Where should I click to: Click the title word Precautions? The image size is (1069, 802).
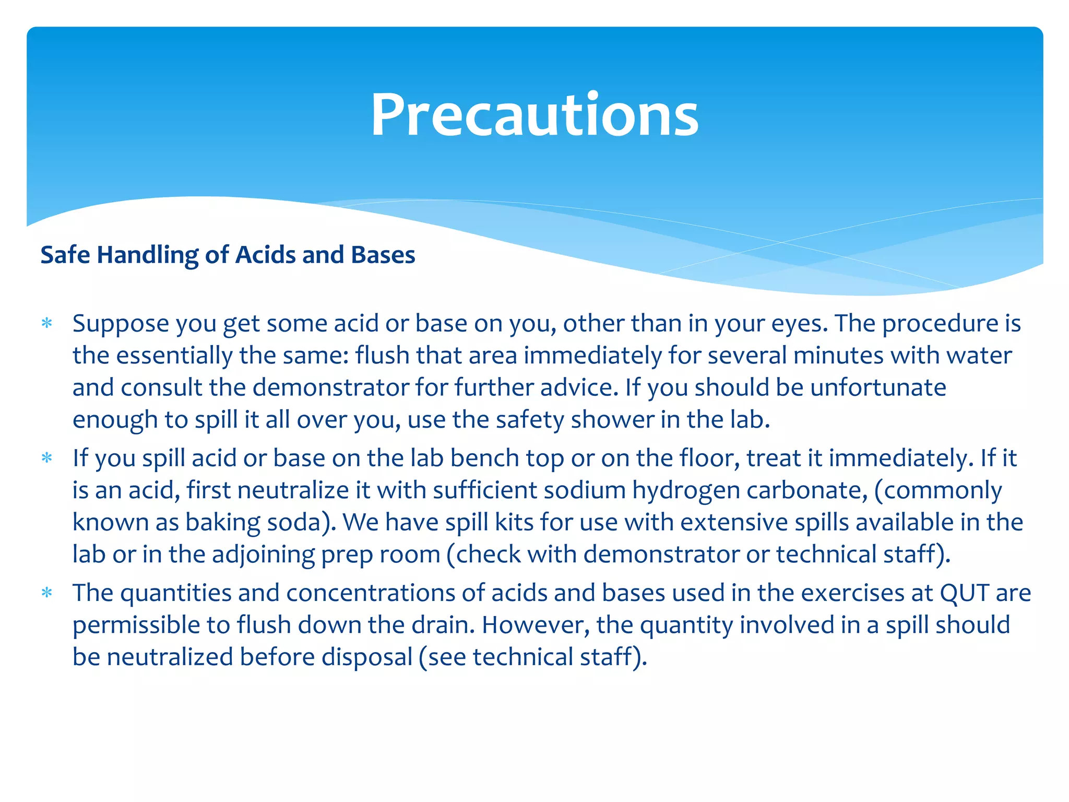point(534,115)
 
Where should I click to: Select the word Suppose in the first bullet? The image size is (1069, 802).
point(121,324)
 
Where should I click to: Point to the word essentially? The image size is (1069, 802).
point(174,356)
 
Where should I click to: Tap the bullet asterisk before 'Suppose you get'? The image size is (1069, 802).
point(47,323)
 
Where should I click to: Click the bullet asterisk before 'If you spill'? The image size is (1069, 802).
point(47,458)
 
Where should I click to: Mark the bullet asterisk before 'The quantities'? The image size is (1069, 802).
point(47,593)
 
